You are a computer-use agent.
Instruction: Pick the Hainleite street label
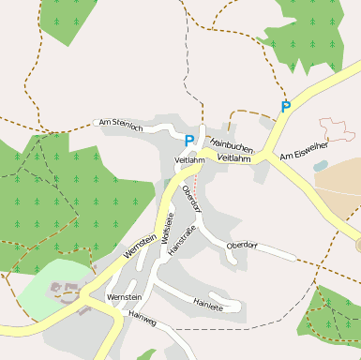[207, 303]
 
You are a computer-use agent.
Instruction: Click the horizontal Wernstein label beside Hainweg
[124, 297]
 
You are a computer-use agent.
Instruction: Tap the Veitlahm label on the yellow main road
[233, 158]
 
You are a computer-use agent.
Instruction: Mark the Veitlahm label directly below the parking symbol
[189, 160]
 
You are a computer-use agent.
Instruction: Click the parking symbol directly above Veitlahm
[189, 141]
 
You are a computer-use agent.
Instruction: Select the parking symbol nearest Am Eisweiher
[286, 107]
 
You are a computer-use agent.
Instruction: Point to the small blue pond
[320, 166]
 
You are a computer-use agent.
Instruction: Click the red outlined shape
[337, 128]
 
